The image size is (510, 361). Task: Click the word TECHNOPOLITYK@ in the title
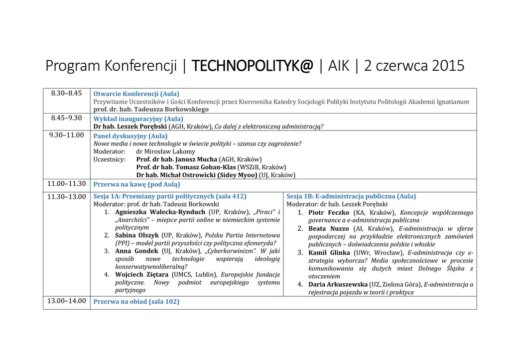tap(253, 66)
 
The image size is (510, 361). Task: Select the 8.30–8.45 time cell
tap(66, 93)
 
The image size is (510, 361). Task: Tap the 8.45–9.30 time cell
tap(66, 118)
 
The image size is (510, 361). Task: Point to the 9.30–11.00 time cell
tap(66, 135)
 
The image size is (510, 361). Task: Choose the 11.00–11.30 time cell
tap(66, 183)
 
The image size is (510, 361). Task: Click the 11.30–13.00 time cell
tap(66, 197)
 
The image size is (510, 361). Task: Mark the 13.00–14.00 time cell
tap(66, 301)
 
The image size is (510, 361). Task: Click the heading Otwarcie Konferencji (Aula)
tap(136, 94)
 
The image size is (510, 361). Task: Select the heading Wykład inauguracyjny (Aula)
tap(138, 119)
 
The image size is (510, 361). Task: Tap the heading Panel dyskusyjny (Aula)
tap(130, 135)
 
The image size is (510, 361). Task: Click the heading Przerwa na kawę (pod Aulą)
tap(137, 184)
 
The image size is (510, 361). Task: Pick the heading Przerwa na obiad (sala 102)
tap(136, 301)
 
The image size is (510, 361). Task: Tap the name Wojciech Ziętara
tap(142, 274)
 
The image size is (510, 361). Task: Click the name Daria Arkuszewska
tap(338, 284)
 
